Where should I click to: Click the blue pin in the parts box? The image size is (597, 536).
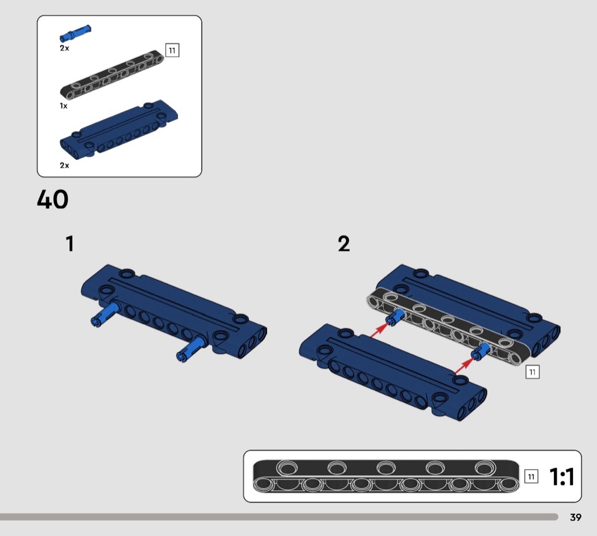click(76, 33)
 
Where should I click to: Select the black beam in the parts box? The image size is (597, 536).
click(112, 75)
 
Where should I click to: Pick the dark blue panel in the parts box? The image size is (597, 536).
click(119, 129)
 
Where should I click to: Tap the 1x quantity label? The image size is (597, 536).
click(64, 106)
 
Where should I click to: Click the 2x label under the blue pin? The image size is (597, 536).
click(64, 48)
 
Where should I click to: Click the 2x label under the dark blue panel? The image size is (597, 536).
click(64, 166)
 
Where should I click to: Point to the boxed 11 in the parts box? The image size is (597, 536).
click(172, 50)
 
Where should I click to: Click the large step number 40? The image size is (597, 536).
click(52, 199)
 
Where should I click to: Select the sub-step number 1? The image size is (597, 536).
click(70, 244)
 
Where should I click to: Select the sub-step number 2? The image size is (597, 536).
click(344, 244)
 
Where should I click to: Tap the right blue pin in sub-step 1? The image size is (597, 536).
click(190, 349)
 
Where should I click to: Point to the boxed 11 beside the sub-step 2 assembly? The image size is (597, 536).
click(532, 372)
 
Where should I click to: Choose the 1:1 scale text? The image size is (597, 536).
click(562, 477)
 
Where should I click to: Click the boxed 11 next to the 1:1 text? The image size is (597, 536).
click(531, 477)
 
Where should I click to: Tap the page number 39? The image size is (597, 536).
click(575, 517)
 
